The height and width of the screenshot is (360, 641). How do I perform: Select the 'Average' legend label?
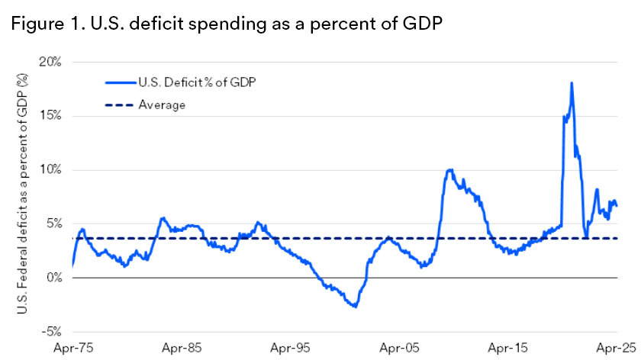(162, 104)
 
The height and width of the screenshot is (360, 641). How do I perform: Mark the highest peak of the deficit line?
(572, 82)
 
